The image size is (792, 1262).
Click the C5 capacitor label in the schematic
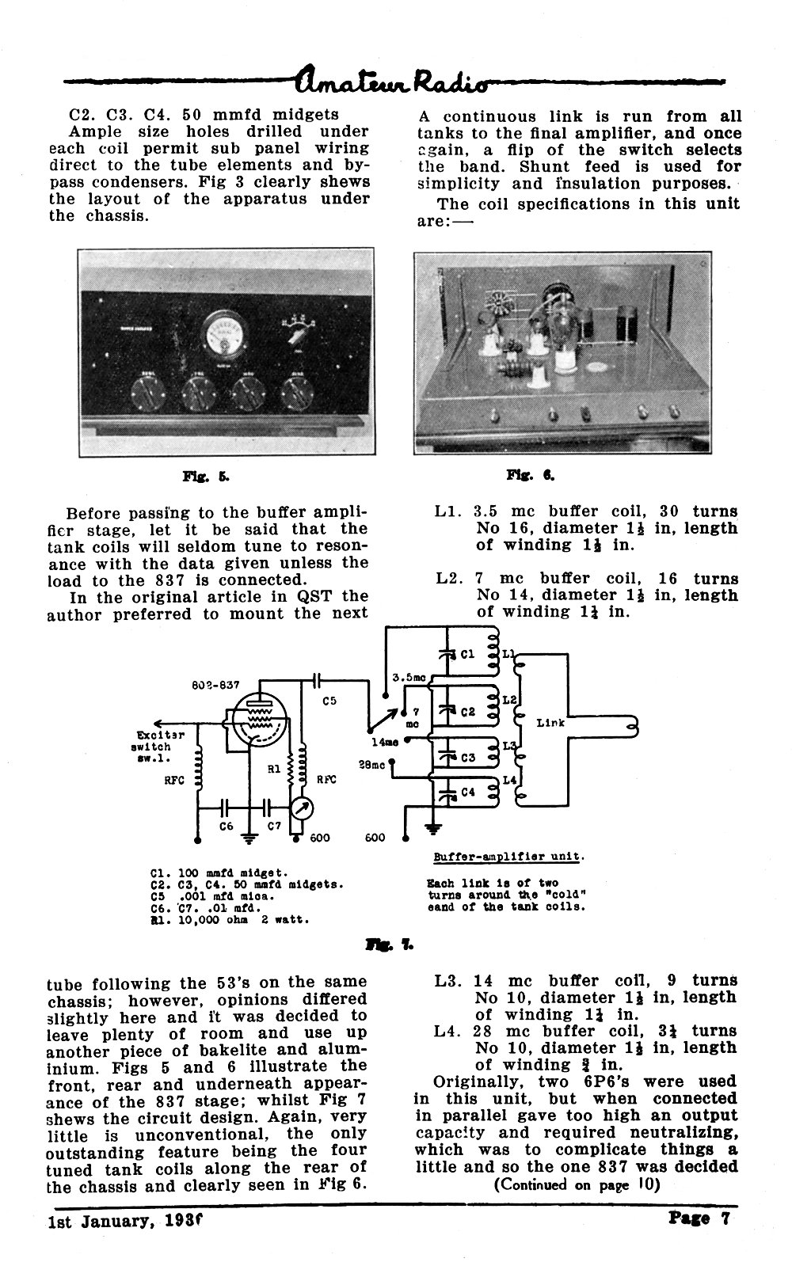pyautogui.click(x=329, y=701)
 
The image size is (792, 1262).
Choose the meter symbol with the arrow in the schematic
pyautogui.click(x=302, y=810)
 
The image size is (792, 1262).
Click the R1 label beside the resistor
pyautogui.click(x=274, y=769)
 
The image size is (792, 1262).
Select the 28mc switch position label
pyautogui.click(x=371, y=765)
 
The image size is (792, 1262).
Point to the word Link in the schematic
pyautogui.click(x=550, y=723)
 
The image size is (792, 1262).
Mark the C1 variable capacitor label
pyautogui.click(x=467, y=654)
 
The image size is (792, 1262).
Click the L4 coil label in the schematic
pyautogui.click(x=509, y=780)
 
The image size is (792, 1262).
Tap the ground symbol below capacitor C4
pyautogui.click(x=433, y=827)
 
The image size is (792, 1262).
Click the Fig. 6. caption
pyautogui.click(x=531, y=476)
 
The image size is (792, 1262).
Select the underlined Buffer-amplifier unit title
pyautogui.click(x=508, y=857)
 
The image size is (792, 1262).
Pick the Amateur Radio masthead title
pyautogui.click(x=391, y=82)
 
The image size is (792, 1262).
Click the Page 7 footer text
pyautogui.click(x=699, y=1218)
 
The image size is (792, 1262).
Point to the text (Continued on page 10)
pyautogui.click(x=577, y=1184)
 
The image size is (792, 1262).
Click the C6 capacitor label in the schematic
pyautogui.click(x=226, y=826)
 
